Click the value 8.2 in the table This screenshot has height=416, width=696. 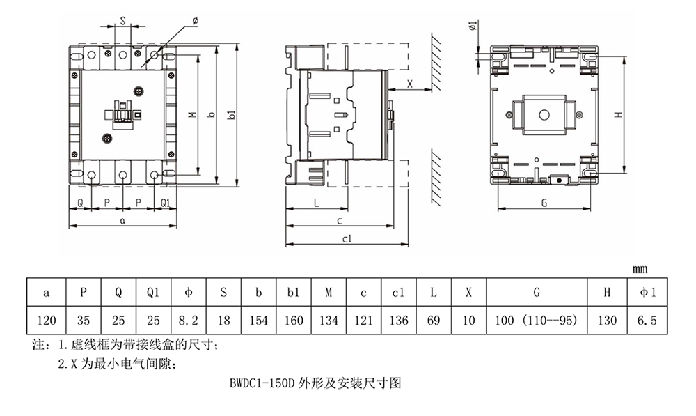click(188, 321)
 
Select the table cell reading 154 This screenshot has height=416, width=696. click(258, 321)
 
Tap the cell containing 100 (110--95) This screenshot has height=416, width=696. click(536, 321)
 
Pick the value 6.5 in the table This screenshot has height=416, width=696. click(647, 321)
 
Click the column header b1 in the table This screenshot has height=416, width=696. click(294, 293)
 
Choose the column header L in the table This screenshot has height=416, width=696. click(434, 293)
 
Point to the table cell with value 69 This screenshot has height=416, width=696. click(434, 321)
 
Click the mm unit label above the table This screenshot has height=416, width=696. click(640, 270)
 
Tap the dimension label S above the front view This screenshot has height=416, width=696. click(123, 21)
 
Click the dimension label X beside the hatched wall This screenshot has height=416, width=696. click(410, 84)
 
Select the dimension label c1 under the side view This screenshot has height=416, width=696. click(347, 239)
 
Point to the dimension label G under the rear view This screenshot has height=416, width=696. click(544, 203)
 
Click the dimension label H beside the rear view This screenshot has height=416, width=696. click(618, 115)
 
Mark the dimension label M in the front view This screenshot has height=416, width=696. click(192, 114)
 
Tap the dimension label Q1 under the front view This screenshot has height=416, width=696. click(165, 203)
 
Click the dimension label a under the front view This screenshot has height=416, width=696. click(123, 220)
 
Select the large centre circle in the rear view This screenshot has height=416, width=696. click(544, 116)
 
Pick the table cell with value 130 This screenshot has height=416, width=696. click(607, 321)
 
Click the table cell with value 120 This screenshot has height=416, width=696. click(46, 321)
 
